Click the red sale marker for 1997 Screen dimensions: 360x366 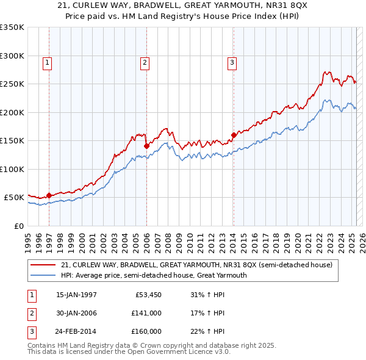pos(49,196)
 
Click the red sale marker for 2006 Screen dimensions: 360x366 pos(147,146)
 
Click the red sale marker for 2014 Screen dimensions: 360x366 pos(234,135)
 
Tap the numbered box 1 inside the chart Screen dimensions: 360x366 pos(47,62)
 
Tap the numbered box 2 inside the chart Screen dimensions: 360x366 pos(145,62)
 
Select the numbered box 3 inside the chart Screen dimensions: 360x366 pos(232,62)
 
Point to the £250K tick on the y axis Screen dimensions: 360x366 pos(12,84)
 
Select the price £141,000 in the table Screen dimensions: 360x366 pos(146,313)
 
